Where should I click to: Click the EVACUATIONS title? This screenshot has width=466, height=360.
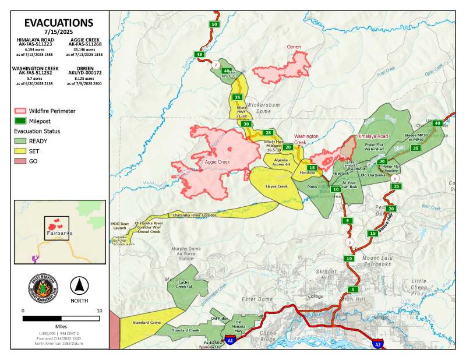click(x=58, y=23)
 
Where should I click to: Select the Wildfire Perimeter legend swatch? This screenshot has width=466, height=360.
click(x=21, y=110)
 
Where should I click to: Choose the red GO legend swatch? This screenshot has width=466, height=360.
click(x=21, y=161)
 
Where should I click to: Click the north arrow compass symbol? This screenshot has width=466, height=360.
click(x=79, y=286)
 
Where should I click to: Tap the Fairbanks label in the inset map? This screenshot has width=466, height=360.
click(x=58, y=232)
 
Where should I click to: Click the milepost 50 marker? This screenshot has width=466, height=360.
click(x=215, y=24)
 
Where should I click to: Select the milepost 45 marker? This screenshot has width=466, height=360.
click(x=200, y=54)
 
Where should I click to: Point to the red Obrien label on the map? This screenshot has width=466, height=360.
click(x=294, y=47)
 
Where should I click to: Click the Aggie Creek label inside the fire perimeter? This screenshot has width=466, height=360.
click(x=217, y=161)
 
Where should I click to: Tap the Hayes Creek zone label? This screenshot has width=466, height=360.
click(x=277, y=186)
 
